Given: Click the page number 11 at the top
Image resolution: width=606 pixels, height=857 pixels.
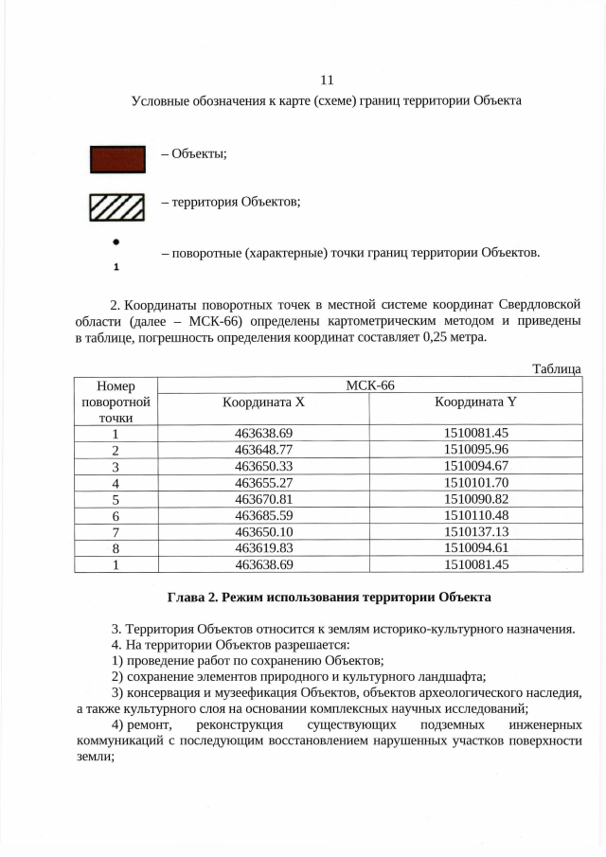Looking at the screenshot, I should coord(327,80).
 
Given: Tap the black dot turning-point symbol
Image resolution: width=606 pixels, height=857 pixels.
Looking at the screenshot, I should coord(116,242).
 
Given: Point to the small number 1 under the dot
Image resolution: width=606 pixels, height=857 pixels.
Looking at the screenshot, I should coord(116,267).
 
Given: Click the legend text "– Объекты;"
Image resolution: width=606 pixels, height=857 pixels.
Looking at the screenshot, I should coord(194,154).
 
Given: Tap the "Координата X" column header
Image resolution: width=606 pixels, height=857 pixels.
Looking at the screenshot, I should coord(262,402).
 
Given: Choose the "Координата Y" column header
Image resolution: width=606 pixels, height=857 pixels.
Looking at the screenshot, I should coord(475,402).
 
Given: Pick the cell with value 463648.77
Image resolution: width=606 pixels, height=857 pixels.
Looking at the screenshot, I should coord(262,449).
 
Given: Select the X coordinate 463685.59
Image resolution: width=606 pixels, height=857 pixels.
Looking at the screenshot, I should coord(262,515).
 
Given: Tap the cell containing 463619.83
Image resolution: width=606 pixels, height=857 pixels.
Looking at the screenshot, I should coord(262,548).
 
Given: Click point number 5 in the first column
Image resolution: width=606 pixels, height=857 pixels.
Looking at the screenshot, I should coord(116,499).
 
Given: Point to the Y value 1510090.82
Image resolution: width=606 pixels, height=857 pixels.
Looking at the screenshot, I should coord(475,499).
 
